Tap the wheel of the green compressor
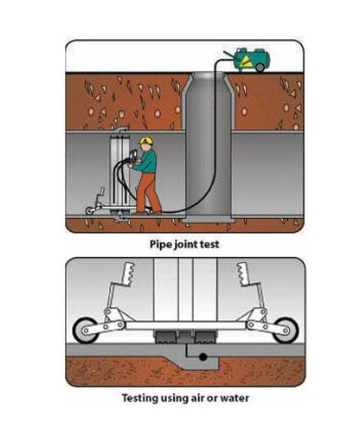click(x=260, y=67)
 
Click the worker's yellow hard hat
click(x=146, y=140)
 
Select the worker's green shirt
click(x=147, y=161)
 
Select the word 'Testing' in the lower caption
click(x=140, y=398)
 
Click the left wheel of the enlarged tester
click(x=86, y=331)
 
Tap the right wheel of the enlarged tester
click(x=285, y=331)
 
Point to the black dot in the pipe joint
click(x=203, y=357)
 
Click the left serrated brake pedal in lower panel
click(x=128, y=274)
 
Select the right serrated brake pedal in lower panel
click(x=244, y=274)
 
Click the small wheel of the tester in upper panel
click(x=90, y=210)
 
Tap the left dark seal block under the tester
click(x=165, y=337)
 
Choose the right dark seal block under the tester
click(x=205, y=337)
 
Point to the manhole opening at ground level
click(x=207, y=74)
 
